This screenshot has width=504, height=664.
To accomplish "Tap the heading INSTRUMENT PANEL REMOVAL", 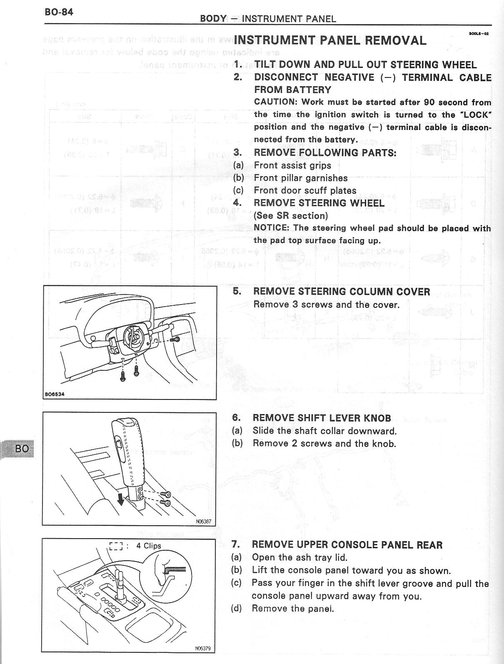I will pyautogui.click(x=330, y=40).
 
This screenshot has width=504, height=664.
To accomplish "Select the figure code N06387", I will pyautogui.click(x=203, y=521).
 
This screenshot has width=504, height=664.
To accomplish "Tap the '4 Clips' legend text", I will pyautogui.click(x=148, y=546).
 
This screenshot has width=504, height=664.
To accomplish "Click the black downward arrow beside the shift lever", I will pyautogui.click(x=121, y=499).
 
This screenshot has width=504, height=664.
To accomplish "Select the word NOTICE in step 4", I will pyautogui.click(x=271, y=228).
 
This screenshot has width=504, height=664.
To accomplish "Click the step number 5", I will pyautogui.click(x=237, y=291).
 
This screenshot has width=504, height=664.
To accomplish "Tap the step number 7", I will pyautogui.click(x=235, y=544).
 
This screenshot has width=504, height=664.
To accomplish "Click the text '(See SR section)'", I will pyautogui.click(x=291, y=215).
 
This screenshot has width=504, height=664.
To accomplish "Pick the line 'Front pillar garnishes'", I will pyautogui.click(x=300, y=178).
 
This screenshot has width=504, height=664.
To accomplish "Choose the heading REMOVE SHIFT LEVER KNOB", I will pyautogui.click(x=322, y=418).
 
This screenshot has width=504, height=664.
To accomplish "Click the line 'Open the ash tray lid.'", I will pyautogui.click(x=299, y=557).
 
